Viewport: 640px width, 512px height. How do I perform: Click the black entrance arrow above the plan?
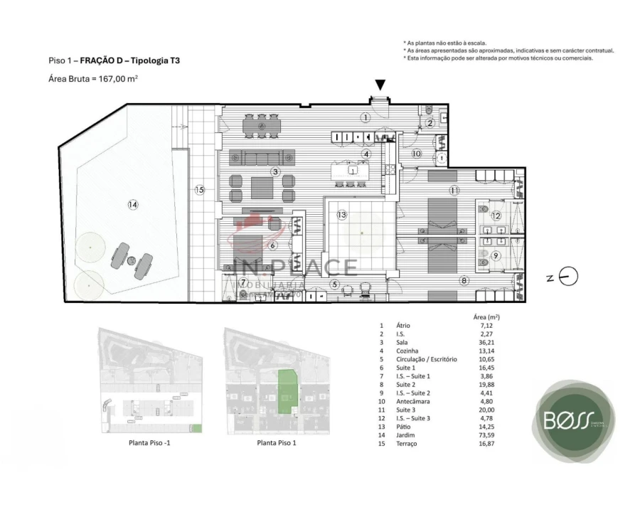380,85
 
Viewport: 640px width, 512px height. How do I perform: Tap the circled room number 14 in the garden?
132,205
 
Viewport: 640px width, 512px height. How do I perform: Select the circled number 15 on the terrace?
200,190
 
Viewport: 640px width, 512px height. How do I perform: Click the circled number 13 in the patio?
341,214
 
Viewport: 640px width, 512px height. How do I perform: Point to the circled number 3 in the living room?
275,171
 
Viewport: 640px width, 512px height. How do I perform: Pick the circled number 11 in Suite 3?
454,190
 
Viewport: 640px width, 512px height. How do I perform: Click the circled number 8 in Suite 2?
464,281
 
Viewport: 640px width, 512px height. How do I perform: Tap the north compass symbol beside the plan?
569,277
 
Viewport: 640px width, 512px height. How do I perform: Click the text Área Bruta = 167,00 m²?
92,79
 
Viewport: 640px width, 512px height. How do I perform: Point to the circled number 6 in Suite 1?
272,245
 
